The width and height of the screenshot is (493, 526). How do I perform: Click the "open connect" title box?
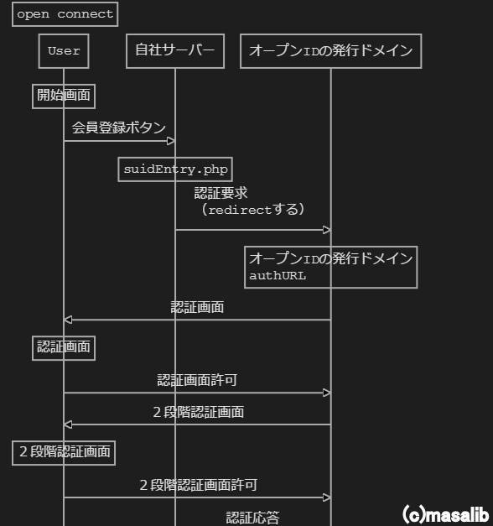pyautogui.click(x=65, y=14)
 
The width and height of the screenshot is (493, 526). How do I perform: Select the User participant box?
pyautogui.click(x=64, y=51)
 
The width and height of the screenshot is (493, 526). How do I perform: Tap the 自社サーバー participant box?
pyautogui.click(x=175, y=51)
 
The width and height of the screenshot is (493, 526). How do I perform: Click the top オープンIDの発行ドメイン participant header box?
pyautogui.click(x=330, y=51)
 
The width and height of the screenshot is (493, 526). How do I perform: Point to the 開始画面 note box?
pyautogui.click(x=64, y=96)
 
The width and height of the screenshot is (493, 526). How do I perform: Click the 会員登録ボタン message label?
pyautogui.click(x=118, y=127)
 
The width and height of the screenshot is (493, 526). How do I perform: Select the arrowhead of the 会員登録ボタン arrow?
pyautogui.click(x=170, y=140)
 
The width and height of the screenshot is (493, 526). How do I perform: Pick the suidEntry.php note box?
pyautogui.click(x=175, y=169)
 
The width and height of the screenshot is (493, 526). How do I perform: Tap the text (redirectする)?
pyautogui.click(x=252, y=209)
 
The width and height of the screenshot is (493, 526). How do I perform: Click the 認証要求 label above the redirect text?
pyautogui.click(x=221, y=193)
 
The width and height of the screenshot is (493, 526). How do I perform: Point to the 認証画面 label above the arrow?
pyautogui.click(x=197, y=307)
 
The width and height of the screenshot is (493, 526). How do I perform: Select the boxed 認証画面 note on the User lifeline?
pyautogui.click(x=64, y=347)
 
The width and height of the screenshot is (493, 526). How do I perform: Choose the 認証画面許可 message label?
pyautogui.click(x=197, y=380)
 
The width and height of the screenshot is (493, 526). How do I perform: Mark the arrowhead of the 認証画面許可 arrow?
pyautogui.click(x=327, y=393)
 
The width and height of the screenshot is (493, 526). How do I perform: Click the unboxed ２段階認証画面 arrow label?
pyautogui.click(x=198, y=412)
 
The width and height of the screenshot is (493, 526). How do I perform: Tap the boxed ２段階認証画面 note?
pyautogui.click(x=64, y=452)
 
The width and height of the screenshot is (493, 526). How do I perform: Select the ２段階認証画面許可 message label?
pyautogui.click(x=198, y=485)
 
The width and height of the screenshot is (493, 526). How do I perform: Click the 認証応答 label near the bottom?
pyautogui.click(x=252, y=518)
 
